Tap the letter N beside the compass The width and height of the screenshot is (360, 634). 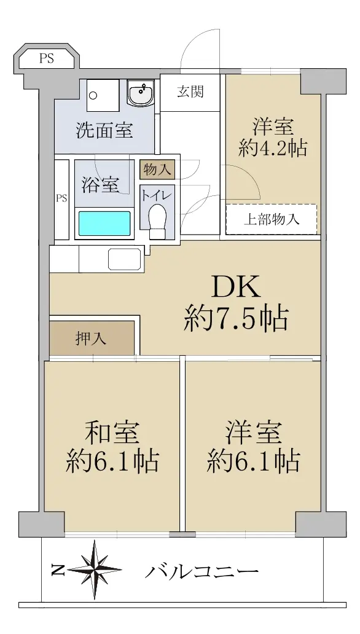click(58, 570)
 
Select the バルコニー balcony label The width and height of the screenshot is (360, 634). click(201, 572)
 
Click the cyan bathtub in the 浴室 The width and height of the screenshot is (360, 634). click(104, 224)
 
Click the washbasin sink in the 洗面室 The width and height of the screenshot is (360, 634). click(140, 92)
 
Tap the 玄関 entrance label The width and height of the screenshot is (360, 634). click(190, 92)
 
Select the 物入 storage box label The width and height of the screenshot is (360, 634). click(157, 170)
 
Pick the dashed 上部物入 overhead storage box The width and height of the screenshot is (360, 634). click(271, 219)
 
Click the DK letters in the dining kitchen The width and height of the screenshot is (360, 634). click(236, 288)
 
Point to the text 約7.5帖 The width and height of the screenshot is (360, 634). click(237, 318)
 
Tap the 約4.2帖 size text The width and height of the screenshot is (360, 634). click(273, 148)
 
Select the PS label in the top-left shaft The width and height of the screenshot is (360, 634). click(47, 58)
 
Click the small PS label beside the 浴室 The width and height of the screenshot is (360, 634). click(61, 198)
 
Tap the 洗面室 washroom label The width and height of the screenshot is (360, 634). click(104, 130)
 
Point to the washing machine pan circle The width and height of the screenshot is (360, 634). click(93, 96)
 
